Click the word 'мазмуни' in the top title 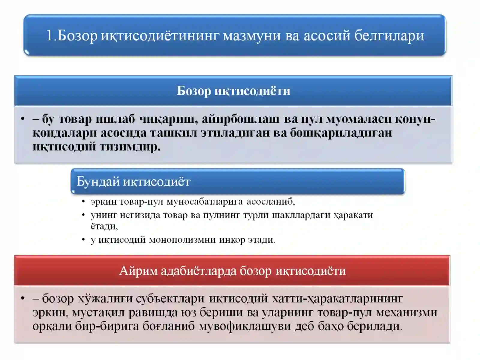[251, 35]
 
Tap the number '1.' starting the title [51, 35]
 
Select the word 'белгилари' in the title [389, 35]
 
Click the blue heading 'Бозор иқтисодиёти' [233, 91]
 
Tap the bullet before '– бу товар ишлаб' [23, 119]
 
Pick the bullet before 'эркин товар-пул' [83, 202]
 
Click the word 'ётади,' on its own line [104, 226]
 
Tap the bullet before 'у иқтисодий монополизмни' [83, 240]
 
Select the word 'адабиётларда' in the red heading [198, 271]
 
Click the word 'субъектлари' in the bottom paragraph [170, 298]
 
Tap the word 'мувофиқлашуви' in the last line [244, 326]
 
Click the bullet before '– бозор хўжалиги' [23, 298]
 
